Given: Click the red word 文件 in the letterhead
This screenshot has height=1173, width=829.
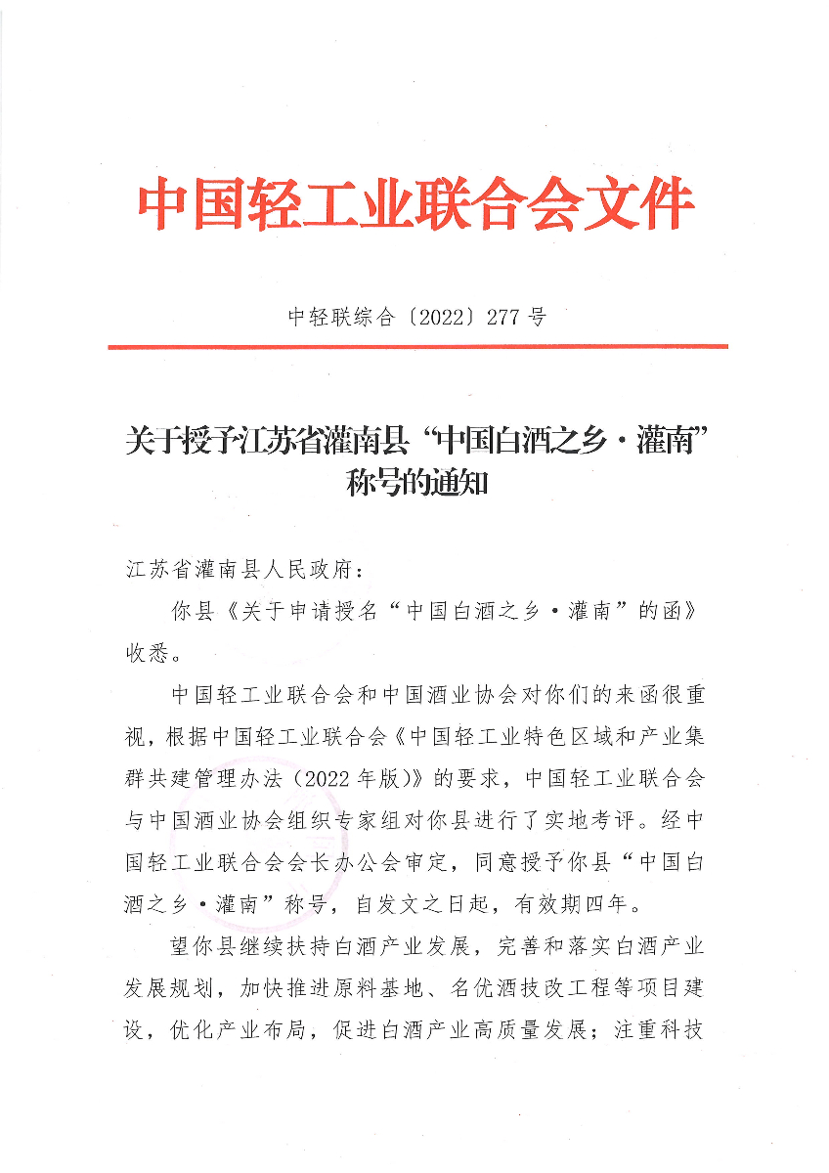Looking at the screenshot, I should point(638,205).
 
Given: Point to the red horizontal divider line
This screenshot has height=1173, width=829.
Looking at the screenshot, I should point(417,346).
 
